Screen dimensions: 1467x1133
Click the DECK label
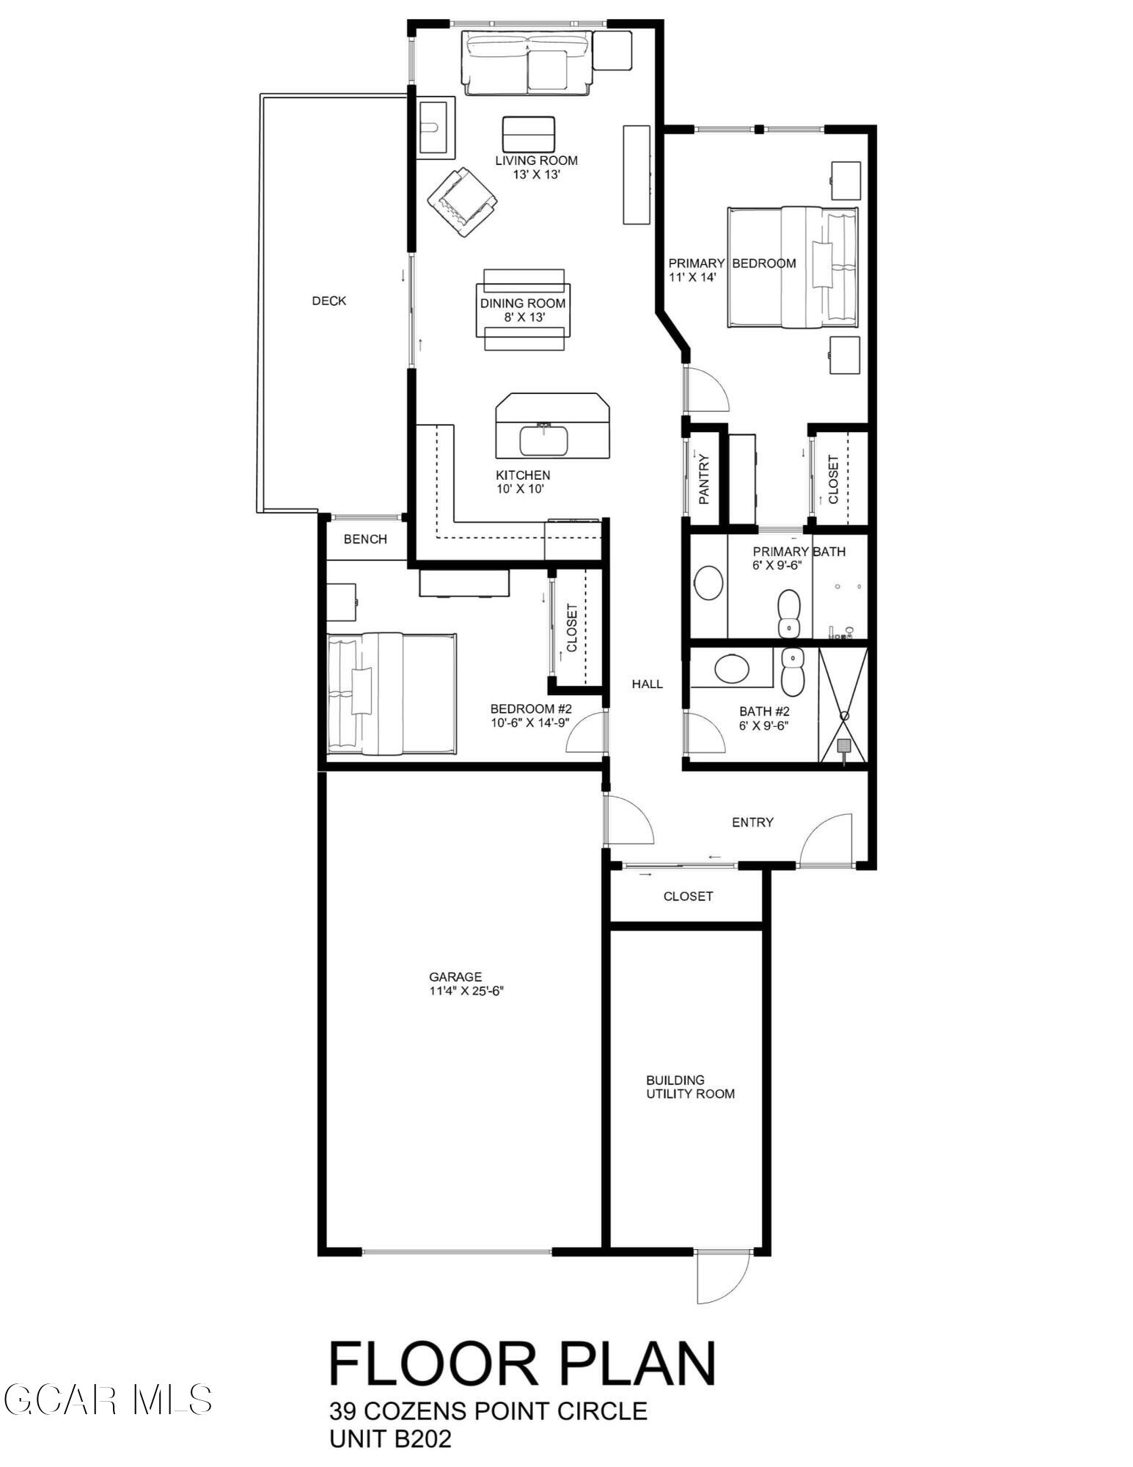pyautogui.click(x=329, y=301)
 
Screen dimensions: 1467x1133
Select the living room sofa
pyautogui.click(x=526, y=64)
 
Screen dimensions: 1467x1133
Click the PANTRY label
pyautogui.click(x=704, y=479)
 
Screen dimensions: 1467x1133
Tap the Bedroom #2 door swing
pyautogui.click(x=586, y=733)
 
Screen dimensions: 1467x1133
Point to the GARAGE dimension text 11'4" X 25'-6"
pyautogui.click(x=467, y=991)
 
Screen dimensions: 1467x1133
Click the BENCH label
pyautogui.click(x=365, y=539)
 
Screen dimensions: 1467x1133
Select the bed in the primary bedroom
pyautogui.click(x=792, y=267)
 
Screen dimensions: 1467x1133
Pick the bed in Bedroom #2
pyautogui.click(x=391, y=694)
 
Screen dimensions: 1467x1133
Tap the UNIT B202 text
pyautogui.click(x=390, y=1438)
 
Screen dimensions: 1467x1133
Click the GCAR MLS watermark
pyautogui.click(x=109, y=1400)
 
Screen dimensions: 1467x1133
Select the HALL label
pyautogui.click(x=648, y=684)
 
